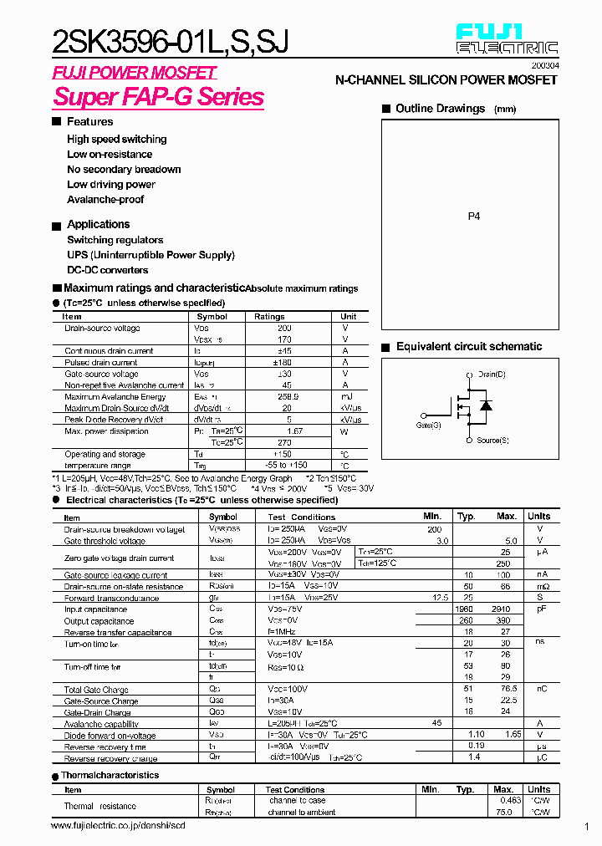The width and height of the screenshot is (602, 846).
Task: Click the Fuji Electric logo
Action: pyautogui.click(x=507, y=39)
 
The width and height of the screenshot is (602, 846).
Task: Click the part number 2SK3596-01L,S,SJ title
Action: pyautogui.click(x=171, y=40)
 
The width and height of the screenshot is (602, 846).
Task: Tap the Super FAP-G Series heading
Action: pyautogui.click(x=159, y=97)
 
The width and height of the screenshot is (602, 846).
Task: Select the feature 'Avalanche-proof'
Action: pyautogui.click(x=105, y=200)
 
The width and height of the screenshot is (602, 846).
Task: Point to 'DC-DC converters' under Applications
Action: pyautogui.click(x=108, y=270)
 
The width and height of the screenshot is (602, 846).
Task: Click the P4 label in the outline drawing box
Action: pyautogui.click(x=474, y=217)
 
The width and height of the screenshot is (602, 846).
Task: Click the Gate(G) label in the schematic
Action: pyautogui.click(x=429, y=426)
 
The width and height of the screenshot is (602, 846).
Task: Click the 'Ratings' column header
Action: pyautogui.click(x=269, y=317)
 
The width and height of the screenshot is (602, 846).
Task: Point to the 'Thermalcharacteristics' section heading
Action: pyautogui.click(x=110, y=775)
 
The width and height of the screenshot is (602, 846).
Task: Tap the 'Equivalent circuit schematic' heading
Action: pyautogui.click(x=469, y=347)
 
